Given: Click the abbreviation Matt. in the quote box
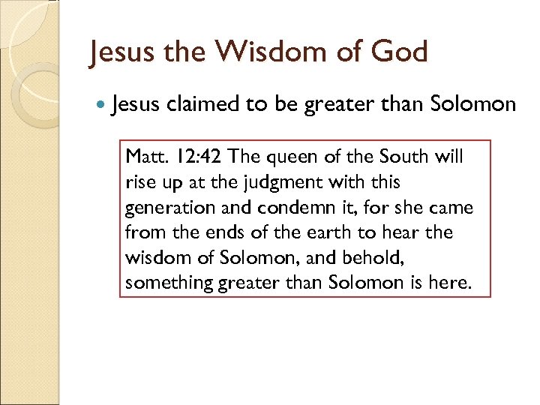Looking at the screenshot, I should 145,157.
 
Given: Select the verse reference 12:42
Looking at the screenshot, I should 196,157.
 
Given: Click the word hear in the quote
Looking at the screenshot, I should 408,232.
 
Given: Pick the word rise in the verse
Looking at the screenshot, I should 140,182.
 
